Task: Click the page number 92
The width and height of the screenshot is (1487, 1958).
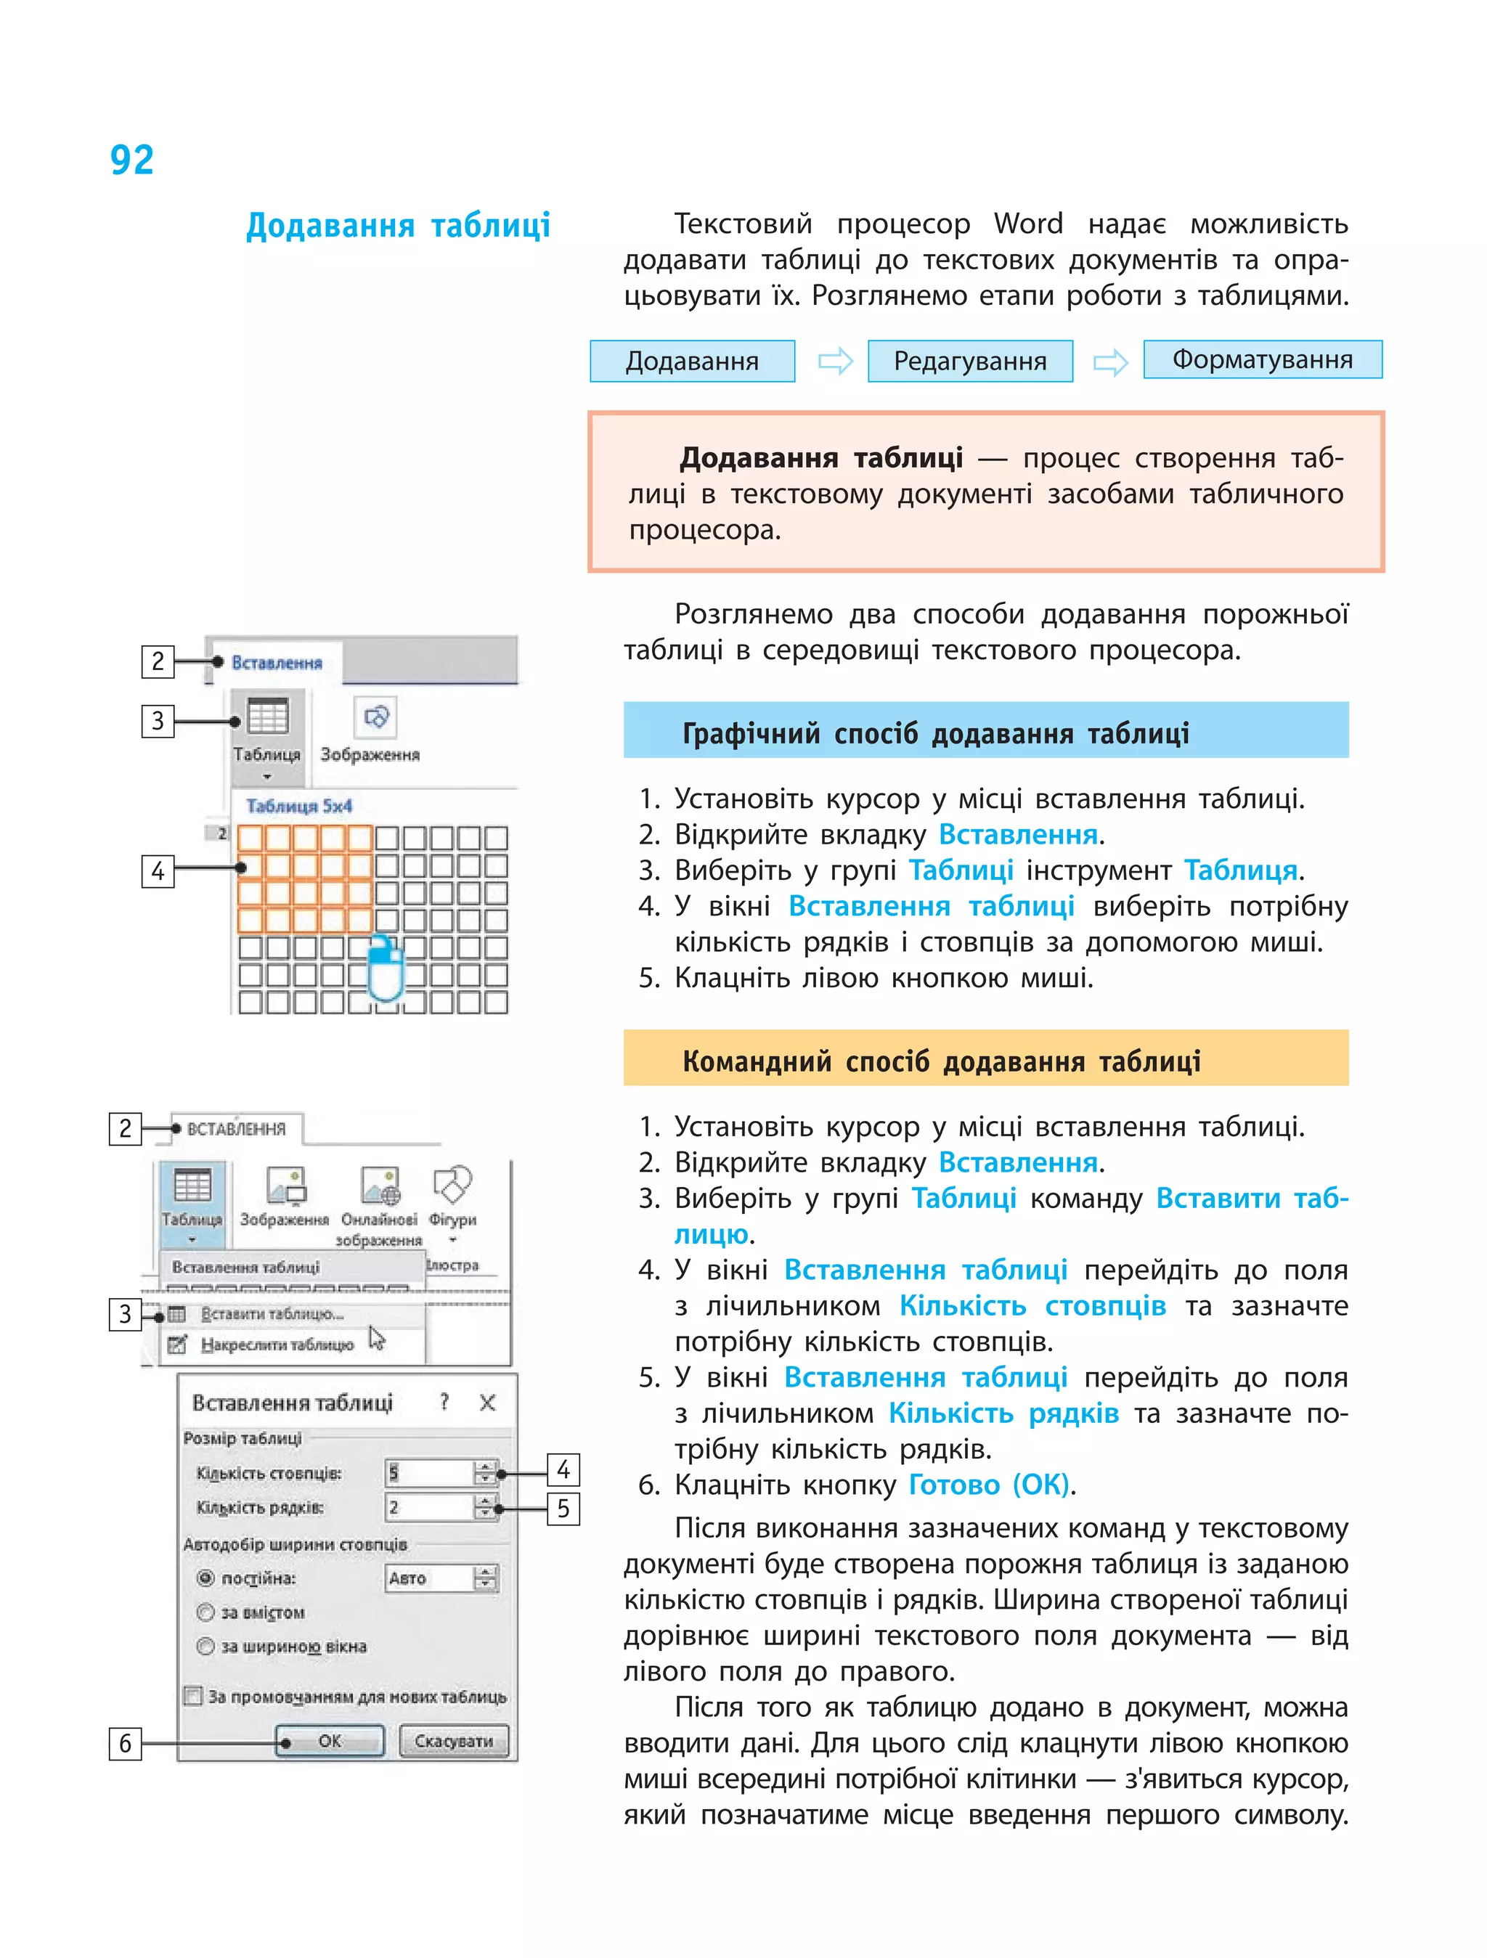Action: coord(132,160)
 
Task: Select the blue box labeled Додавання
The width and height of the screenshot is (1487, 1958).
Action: coord(692,361)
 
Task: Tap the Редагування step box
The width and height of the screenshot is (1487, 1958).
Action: coord(970,361)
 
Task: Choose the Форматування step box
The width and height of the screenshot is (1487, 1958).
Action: coord(1262,359)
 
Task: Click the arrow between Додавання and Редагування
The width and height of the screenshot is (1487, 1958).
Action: coord(835,361)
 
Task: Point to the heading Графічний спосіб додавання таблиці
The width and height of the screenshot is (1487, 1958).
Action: coord(936,733)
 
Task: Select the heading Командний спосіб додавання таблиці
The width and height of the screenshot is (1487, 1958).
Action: coord(941,1061)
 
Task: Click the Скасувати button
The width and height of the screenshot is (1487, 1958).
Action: coord(453,1740)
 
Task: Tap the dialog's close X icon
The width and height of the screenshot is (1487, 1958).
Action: coord(486,1402)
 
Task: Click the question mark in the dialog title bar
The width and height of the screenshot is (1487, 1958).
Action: coord(444,1402)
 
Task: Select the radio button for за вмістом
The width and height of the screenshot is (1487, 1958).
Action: coord(206,1612)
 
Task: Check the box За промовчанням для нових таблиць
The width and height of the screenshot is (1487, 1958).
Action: coord(193,1696)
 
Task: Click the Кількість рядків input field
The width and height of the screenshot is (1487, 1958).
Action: coord(429,1507)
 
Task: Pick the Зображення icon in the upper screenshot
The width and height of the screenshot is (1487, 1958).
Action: coord(375,717)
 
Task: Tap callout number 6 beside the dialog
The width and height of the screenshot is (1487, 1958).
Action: coord(125,1743)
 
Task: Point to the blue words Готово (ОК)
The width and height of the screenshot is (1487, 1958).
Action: coord(989,1485)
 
